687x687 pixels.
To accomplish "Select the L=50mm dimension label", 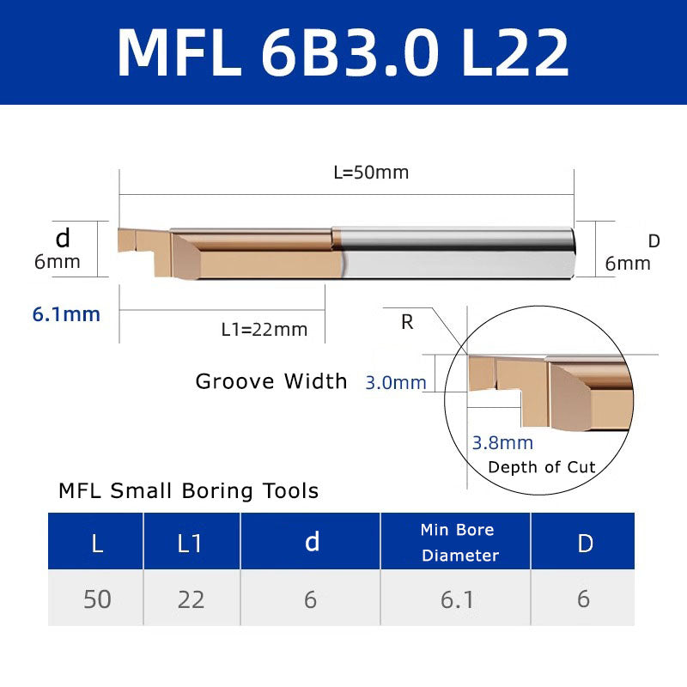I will (x=371, y=173).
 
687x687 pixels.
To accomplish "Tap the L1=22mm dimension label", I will (x=264, y=329).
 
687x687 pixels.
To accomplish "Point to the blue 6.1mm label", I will (x=66, y=314).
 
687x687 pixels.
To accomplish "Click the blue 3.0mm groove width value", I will (x=396, y=383).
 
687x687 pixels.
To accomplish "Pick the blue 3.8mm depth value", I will (x=502, y=443).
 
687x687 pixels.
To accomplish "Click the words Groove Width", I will (x=271, y=381).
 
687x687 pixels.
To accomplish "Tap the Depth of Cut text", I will (x=541, y=467).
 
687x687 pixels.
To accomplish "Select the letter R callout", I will (x=407, y=323).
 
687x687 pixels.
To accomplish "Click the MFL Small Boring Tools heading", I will (x=188, y=491).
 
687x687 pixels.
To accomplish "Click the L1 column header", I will (x=191, y=543).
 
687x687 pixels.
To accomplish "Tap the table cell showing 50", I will (x=97, y=599).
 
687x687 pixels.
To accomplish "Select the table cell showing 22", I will (x=191, y=599).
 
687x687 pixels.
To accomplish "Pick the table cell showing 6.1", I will (x=457, y=599).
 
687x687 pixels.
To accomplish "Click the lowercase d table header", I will (x=312, y=542).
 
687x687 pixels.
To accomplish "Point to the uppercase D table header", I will (x=585, y=543).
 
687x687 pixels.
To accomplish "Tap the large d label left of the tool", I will (x=62, y=237).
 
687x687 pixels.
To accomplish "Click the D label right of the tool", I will (x=654, y=242).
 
